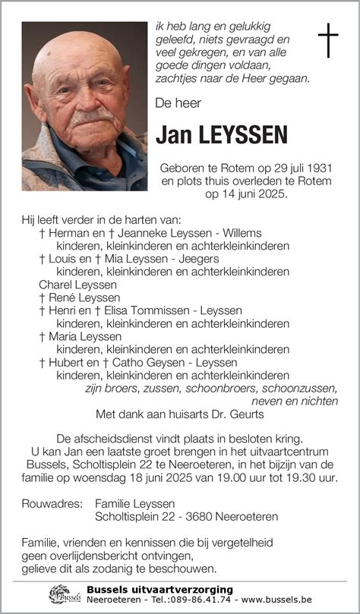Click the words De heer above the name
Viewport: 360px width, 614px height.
tap(177, 102)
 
